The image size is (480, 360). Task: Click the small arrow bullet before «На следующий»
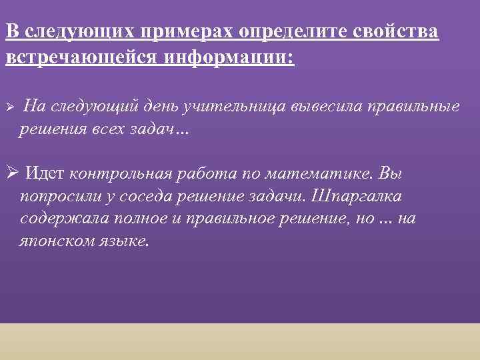pyautogui.click(x=9, y=107)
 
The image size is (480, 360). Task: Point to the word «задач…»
pyautogui.click(x=167, y=129)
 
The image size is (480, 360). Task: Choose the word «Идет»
pyautogui.click(x=44, y=175)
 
